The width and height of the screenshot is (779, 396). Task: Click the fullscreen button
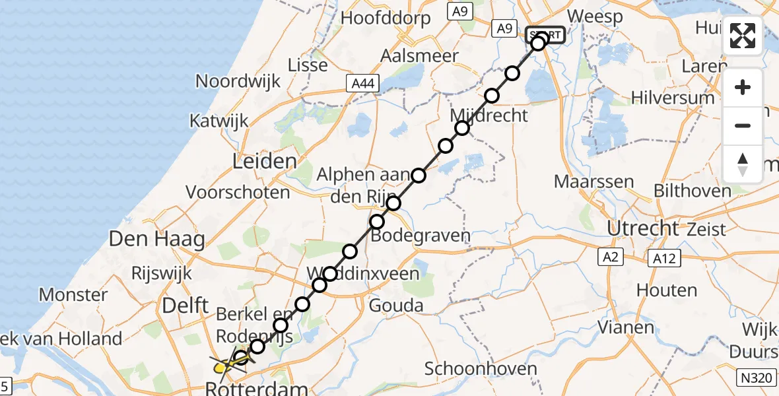743,35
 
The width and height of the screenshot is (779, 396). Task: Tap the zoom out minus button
743,125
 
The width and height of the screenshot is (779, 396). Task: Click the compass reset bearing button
743,164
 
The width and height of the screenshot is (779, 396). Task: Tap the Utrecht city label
643,228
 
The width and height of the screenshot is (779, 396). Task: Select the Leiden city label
264,162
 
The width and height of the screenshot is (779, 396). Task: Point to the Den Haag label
156,239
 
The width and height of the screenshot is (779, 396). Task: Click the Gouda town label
396,305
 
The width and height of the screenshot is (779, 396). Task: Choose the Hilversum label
673,98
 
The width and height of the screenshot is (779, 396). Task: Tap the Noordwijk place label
238,81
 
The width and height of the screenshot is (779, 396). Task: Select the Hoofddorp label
386,18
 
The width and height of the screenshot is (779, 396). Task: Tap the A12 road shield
662,258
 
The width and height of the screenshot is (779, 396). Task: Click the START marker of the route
545,35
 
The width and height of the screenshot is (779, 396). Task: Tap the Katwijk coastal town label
219,121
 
